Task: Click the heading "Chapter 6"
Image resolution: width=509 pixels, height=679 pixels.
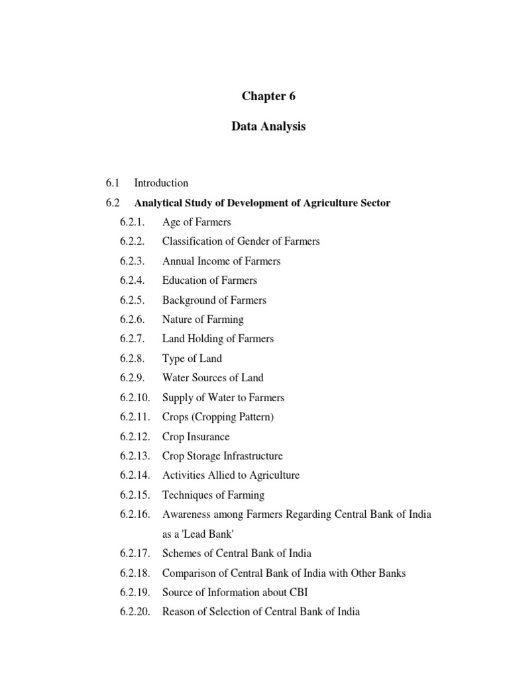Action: point(268,96)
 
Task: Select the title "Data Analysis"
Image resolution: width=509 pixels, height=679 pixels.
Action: point(268,127)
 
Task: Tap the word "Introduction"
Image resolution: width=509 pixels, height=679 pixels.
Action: point(161,183)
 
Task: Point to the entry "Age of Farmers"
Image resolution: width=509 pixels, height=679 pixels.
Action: point(196,222)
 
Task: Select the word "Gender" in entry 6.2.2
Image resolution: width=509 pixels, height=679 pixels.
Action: point(250,241)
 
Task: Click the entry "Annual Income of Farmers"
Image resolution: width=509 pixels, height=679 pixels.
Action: point(221,261)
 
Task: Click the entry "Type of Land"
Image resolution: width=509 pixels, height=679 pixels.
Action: point(192,359)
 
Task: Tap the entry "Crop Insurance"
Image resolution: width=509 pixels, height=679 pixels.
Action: point(196,437)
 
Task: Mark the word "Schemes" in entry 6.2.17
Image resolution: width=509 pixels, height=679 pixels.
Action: point(182,554)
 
